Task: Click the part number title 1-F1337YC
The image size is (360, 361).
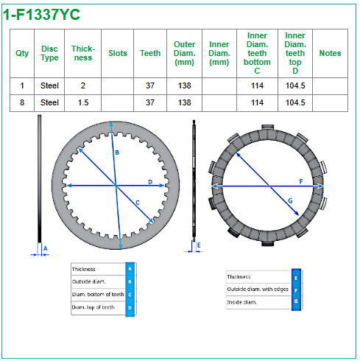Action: tap(41, 15)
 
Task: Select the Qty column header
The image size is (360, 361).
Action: tap(22, 53)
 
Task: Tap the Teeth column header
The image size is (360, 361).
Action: tap(150, 53)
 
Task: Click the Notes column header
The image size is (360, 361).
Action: tap(330, 53)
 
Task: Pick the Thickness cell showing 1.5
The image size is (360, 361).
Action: tap(83, 102)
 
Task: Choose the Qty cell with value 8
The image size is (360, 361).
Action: tap(22, 102)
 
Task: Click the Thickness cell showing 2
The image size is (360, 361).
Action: tap(83, 85)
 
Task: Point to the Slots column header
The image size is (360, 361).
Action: tap(118, 53)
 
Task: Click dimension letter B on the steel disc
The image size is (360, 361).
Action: tap(117, 153)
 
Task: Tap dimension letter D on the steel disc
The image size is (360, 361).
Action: tap(150, 182)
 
